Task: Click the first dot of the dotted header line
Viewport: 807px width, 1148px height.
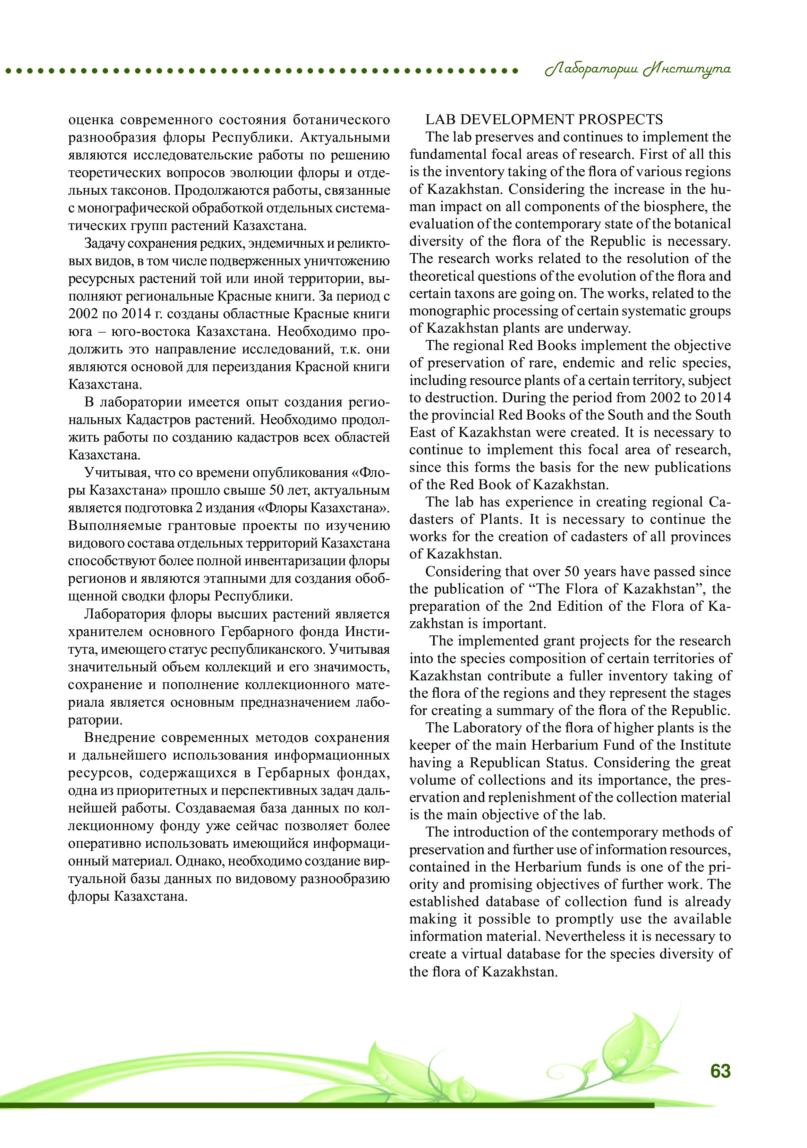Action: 9,71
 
